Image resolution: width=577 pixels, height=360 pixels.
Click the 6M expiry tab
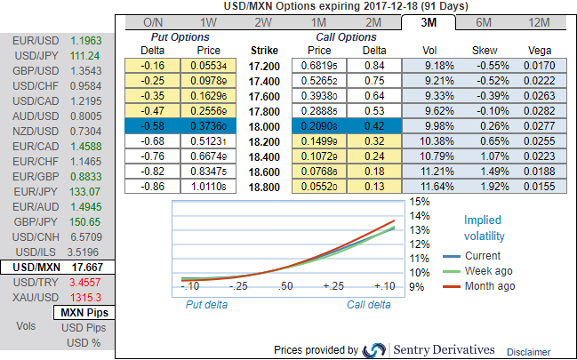pyautogui.click(x=485, y=22)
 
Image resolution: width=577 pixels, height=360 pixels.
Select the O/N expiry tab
pyautogui.click(x=154, y=22)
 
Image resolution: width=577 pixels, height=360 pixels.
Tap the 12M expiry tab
pyautogui.click(x=539, y=22)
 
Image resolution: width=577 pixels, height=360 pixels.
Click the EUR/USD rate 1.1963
pyautogui.click(x=85, y=40)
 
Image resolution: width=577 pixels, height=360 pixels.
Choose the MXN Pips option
pyautogui.click(x=82, y=313)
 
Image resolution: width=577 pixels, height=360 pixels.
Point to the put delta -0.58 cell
pyautogui.click(x=154, y=128)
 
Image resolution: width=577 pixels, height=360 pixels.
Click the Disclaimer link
pyautogui.click(x=529, y=352)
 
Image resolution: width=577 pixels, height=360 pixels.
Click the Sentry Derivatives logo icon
pyautogui.click(x=374, y=349)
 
